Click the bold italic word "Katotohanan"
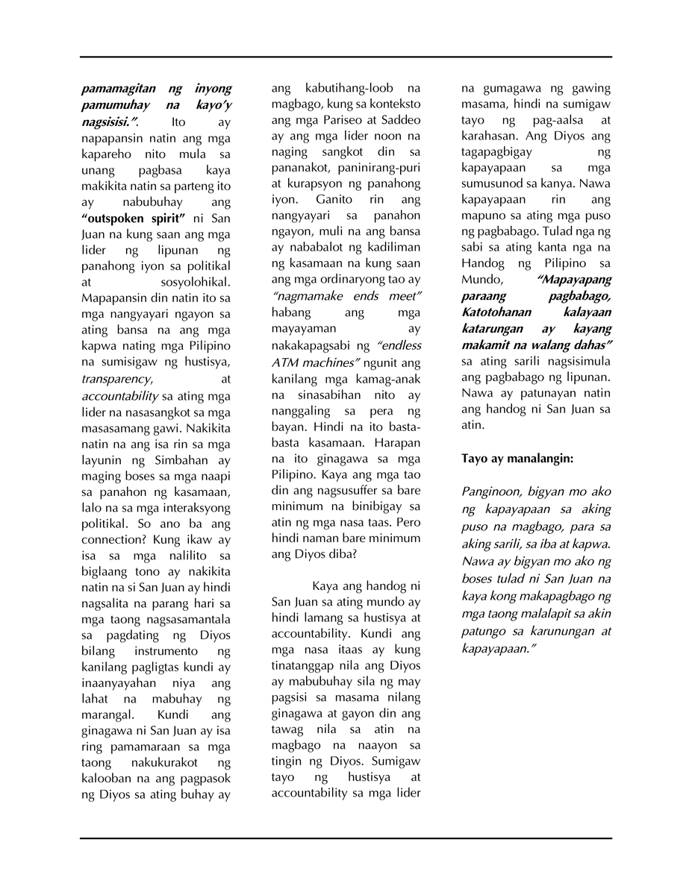[x=499, y=312]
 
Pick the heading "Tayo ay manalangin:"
[x=517, y=459]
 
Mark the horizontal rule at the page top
[x=346, y=57]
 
